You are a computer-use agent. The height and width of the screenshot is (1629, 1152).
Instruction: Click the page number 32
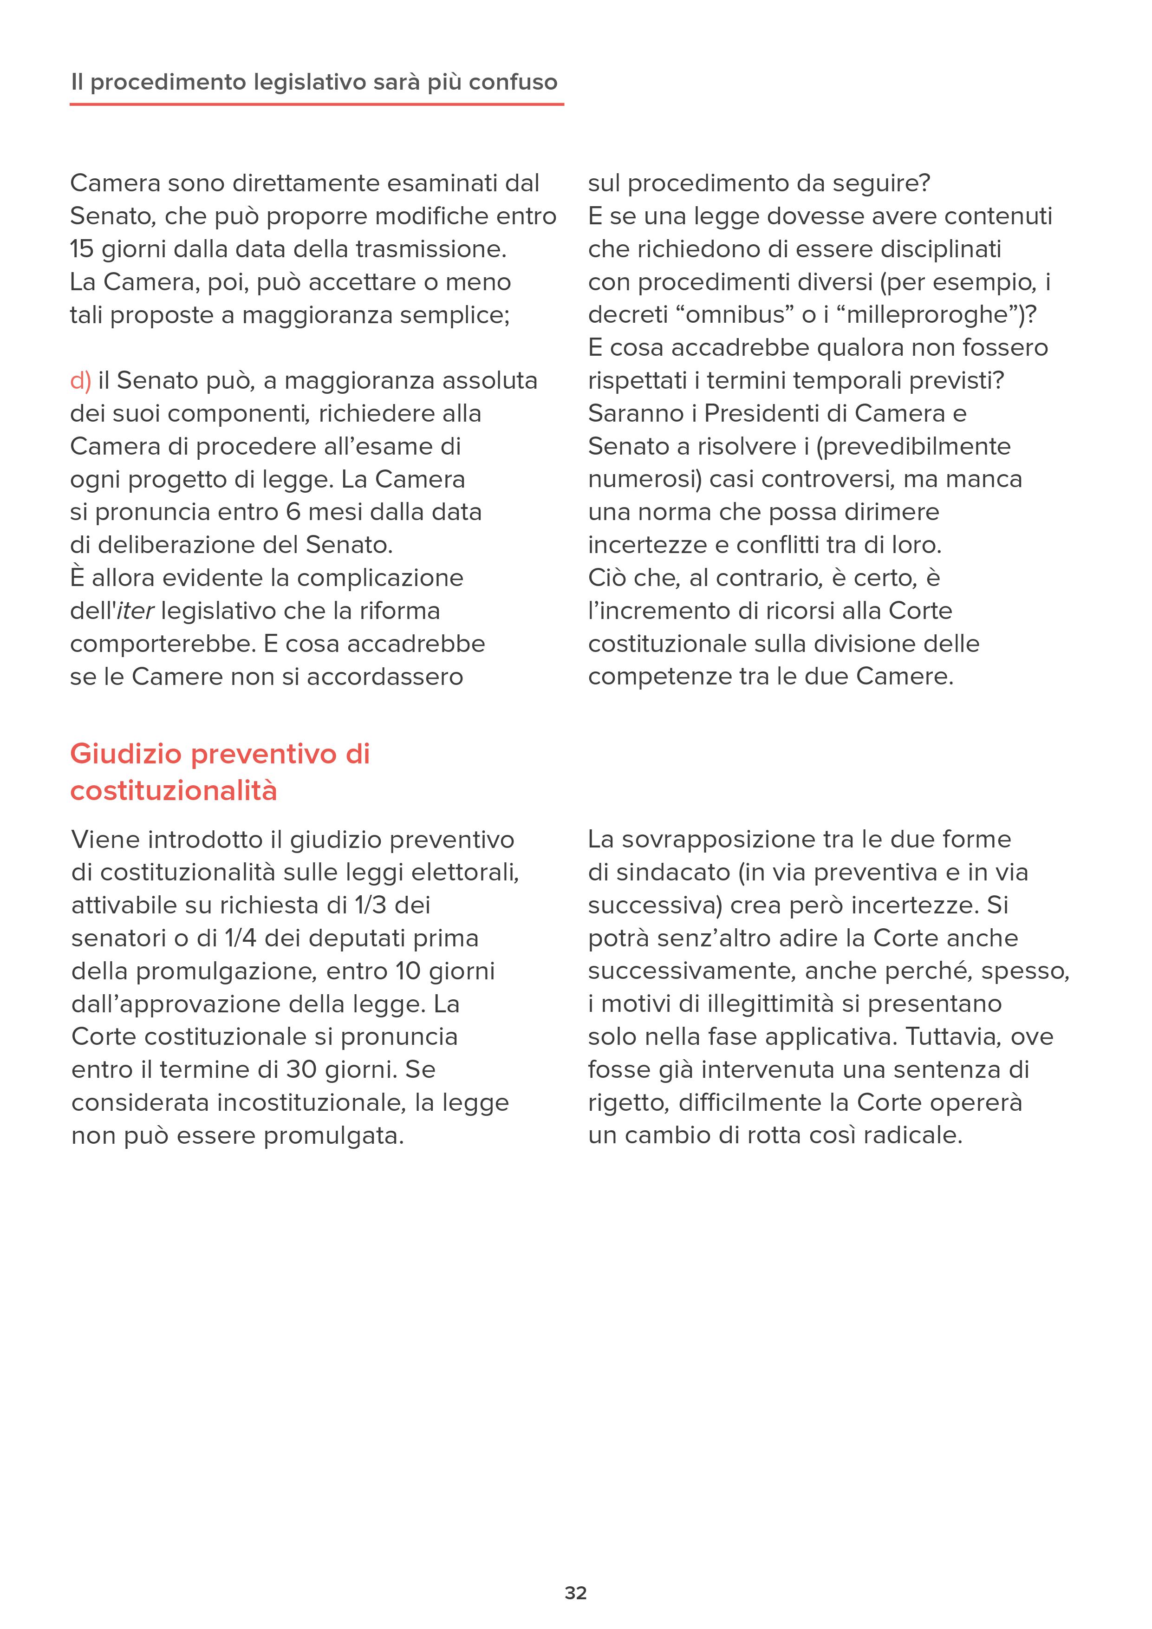click(x=575, y=1593)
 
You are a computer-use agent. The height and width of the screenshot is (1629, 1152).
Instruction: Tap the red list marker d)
click(x=80, y=381)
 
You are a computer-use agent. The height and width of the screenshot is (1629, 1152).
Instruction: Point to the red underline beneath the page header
click(x=316, y=104)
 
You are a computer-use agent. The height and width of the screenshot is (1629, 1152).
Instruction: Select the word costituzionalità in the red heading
click(x=174, y=790)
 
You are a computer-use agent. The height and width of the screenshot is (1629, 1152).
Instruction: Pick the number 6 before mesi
click(x=293, y=512)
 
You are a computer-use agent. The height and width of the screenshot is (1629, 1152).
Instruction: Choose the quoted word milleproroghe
click(x=929, y=315)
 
